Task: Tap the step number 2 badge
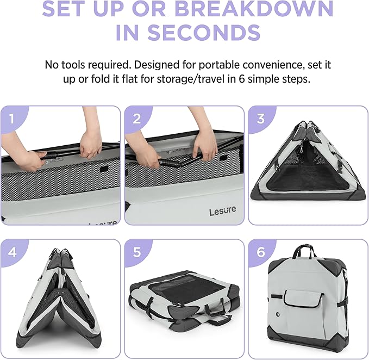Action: point(137,119)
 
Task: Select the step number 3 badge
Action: point(260,119)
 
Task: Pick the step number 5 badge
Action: point(137,252)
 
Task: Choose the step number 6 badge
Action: point(260,252)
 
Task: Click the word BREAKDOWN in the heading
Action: point(254,9)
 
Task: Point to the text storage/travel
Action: point(190,79)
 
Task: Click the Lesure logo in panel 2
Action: point(223,210)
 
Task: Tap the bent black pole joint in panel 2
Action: point(168,163)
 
